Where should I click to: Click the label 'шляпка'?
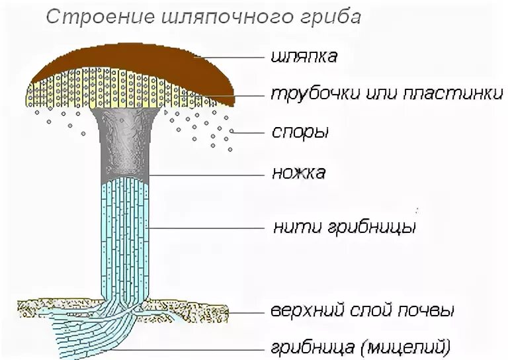[304, 57]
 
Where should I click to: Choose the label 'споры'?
[300, 132]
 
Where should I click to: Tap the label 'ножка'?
[299, 174]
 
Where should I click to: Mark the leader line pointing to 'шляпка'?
[232, 58]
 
